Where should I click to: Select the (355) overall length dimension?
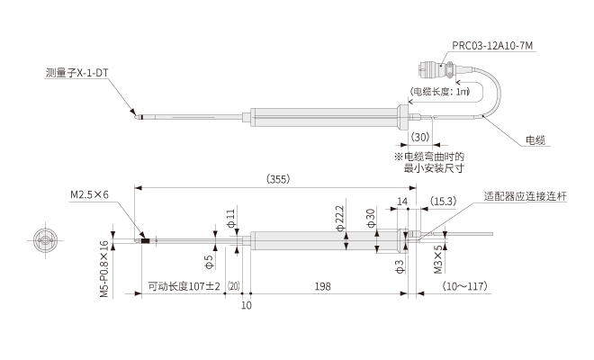[277, 180]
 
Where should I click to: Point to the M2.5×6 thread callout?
[89, 193]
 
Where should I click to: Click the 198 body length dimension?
[324, 287]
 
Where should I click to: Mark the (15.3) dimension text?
[444, 201]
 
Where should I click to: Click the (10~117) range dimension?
[464, 287]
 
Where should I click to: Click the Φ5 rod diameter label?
[208, 261]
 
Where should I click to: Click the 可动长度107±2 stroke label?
[184, 287]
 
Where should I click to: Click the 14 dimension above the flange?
[402, 201]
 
